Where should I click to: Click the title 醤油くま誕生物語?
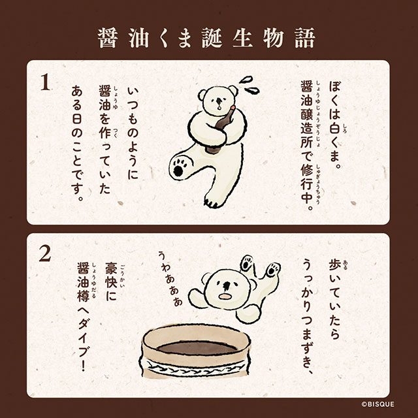click(x=209, y=37)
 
